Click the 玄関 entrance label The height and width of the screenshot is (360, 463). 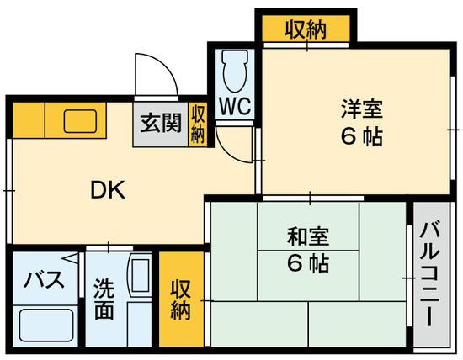(x=160, y=124)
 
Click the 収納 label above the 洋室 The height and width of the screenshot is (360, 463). (x=305, y=30)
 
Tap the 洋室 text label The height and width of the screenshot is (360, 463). (x=361, y=109)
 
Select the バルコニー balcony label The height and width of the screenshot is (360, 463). (x=429, y=274)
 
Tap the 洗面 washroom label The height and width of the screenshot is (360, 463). (x=104, y=298)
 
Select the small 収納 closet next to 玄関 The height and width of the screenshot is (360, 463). (x=197, y=124)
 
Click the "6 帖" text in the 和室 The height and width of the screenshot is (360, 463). (x=307, y=263)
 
